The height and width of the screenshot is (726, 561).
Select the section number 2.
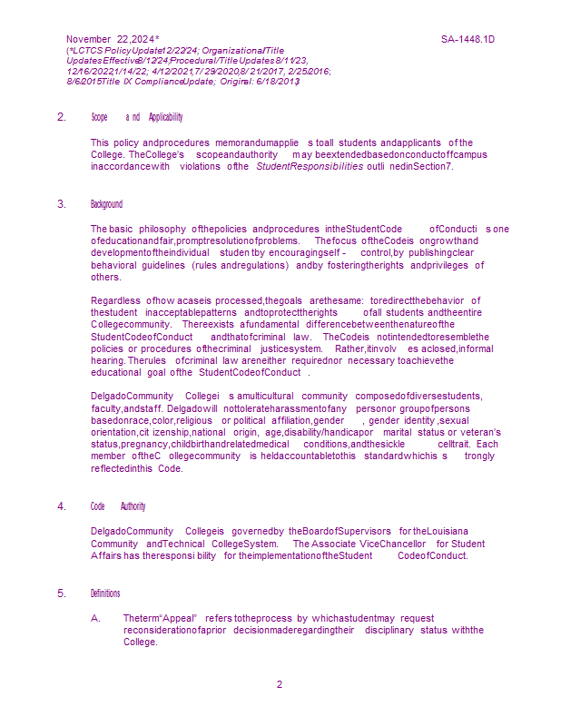coord(62,117)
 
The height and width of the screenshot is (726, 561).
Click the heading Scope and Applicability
coord(136,117)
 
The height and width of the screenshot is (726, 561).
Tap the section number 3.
coord(62,204)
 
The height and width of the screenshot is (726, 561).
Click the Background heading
coord(106,204)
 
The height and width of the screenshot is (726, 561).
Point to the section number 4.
coord(62,505)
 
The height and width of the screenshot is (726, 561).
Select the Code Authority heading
coord(118,505)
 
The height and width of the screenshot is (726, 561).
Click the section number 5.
coord(62,594)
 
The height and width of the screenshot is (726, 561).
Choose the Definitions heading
coord(105,594)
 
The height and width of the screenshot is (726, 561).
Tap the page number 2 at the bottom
coord(280,684)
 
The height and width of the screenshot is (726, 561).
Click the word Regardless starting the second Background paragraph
coord(115,300)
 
